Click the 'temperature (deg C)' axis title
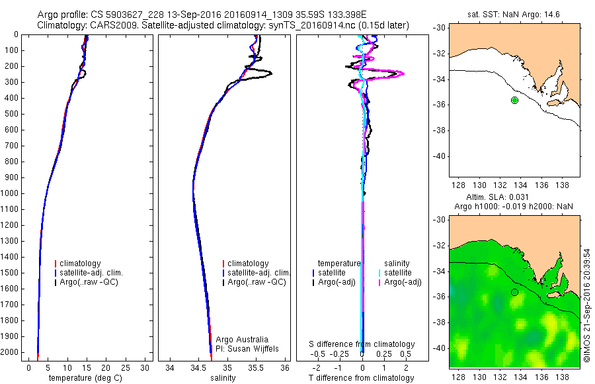point(86,378)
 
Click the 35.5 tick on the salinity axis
point(257,367)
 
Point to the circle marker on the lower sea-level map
point(514,292)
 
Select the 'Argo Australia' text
point(235,338)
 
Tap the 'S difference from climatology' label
point(362,344)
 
